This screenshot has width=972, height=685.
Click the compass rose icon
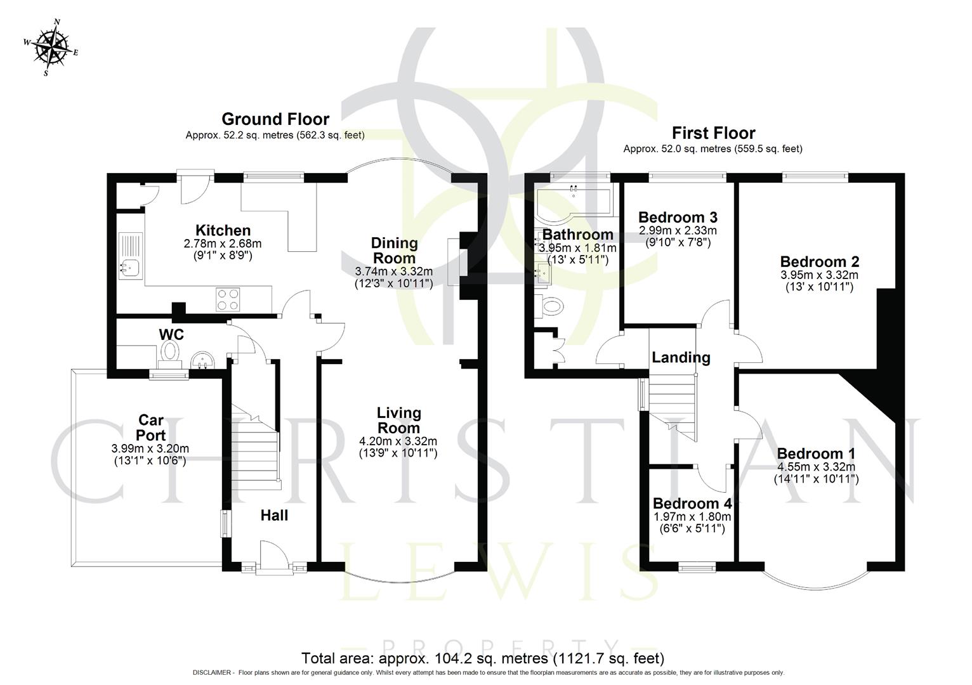coord(51,48)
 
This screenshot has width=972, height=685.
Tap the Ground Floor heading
coord(275,119)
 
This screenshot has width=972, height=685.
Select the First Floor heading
coord(713,133)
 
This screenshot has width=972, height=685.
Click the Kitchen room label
coord(223,230)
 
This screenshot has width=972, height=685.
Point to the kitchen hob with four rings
coord(229,299)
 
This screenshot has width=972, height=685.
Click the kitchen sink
coord(130,269)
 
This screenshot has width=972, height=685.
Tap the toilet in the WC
coord(170,353)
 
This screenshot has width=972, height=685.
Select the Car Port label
coord(151,427)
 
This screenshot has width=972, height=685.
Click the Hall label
coord(274,516)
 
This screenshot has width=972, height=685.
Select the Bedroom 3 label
coord(678,217)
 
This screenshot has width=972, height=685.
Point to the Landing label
coord(681,358)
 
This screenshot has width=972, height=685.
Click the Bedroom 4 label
coord(692,504)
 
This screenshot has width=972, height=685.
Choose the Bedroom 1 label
coord(816,453)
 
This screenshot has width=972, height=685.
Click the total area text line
coord(482,658)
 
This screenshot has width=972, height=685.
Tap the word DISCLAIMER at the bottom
coord(213,672)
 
